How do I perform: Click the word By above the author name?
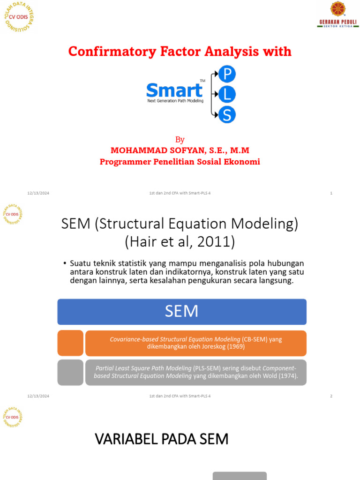tap(180, 140)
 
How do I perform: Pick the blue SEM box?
tap(182, 312)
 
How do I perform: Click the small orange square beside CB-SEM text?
tap(70, 343)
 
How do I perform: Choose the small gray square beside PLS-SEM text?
tap(70, 372)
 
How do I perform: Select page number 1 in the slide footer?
tap(331, 193)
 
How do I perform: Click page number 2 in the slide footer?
tap(331, 396)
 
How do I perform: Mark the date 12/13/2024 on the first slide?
tap(38, 193)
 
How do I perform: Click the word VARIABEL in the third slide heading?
tap(123, 440)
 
